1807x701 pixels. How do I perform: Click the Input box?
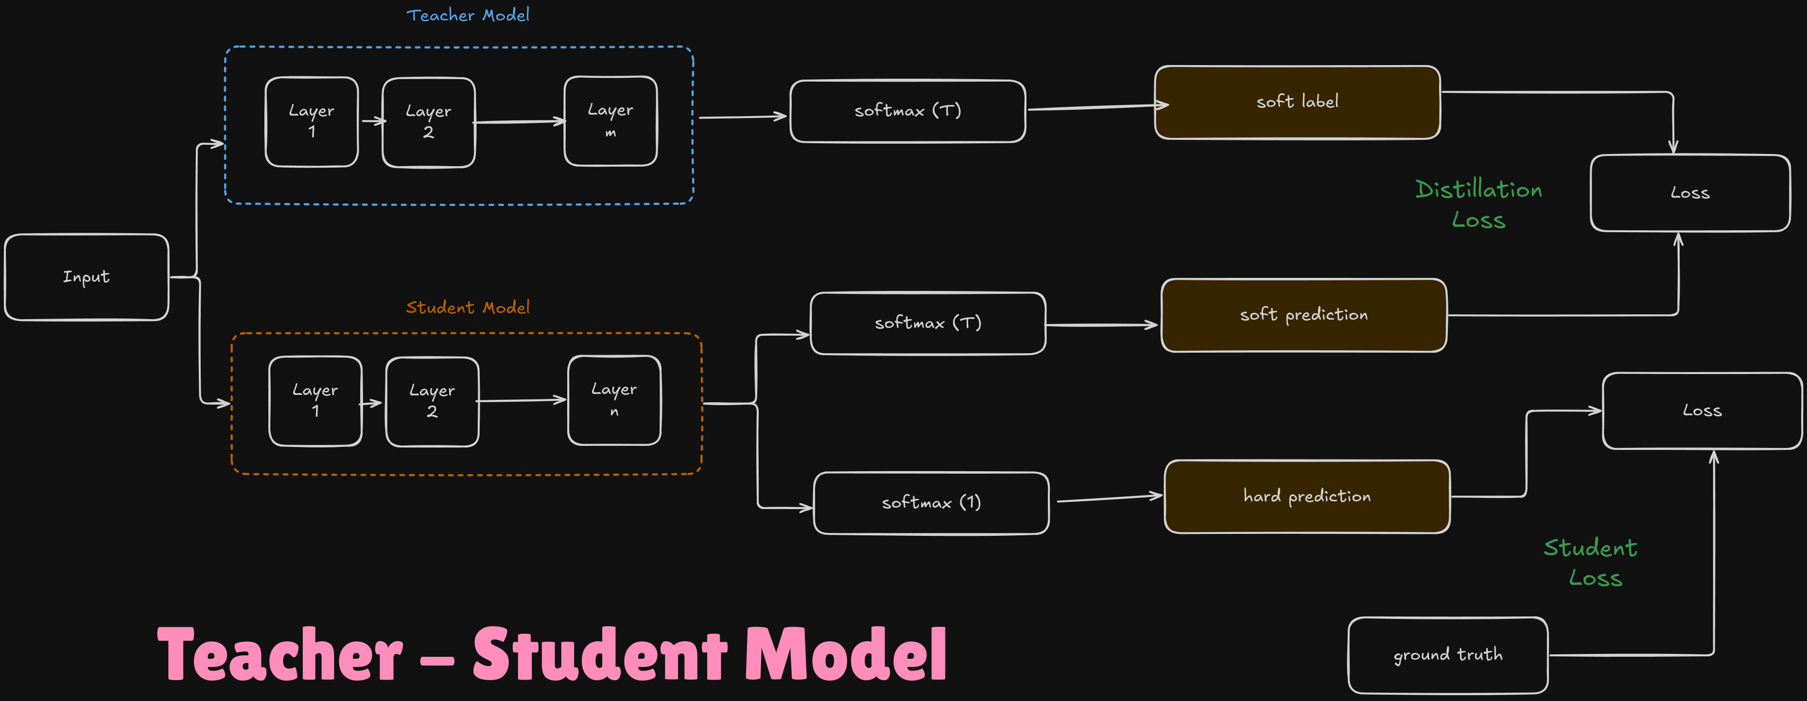pos(87,277)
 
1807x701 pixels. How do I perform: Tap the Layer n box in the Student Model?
pos(614,400)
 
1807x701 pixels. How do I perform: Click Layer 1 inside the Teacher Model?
pos(312,122)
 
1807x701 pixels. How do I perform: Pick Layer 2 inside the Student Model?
pos(432,402)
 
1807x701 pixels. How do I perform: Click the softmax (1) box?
pos(931,503)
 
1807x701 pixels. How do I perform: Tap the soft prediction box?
pos(1303,315)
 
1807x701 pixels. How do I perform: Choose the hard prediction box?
pos(1307,496)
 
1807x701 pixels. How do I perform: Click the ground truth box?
pos(1448,655)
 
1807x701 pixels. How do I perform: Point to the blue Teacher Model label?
pos(468,15)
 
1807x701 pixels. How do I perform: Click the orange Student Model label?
pos(468,307)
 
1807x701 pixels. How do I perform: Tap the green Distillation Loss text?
pos(1479,204)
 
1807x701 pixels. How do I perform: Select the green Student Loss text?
pos(1591,562)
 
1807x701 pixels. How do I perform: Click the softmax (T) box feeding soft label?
pos(908,111)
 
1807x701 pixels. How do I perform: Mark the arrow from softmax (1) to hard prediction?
pos(1110,498)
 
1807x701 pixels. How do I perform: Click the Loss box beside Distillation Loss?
pos(1690,193)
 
